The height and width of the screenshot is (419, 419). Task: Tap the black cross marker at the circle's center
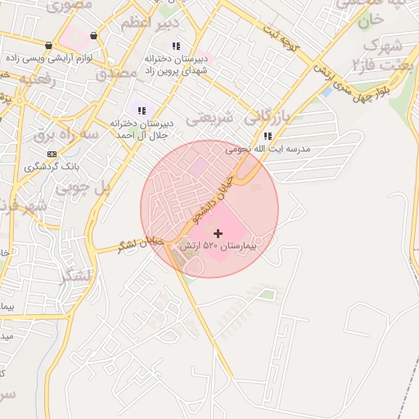(218, 234)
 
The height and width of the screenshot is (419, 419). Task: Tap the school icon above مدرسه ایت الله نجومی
(268, 136)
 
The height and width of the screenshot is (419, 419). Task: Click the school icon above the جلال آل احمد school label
(142, 110)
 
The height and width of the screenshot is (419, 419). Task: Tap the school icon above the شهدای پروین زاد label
(177, 46)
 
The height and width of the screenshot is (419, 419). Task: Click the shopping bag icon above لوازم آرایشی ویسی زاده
(49, 46)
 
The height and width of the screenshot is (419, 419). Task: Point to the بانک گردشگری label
(52, 166)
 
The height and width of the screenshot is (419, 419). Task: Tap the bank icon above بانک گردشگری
(52, 153)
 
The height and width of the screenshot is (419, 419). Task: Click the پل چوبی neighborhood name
(82, 187)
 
